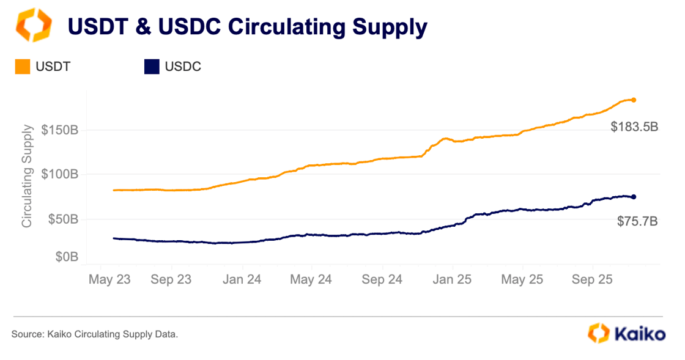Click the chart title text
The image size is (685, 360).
(246, 27)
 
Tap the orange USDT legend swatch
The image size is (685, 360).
(23, 67)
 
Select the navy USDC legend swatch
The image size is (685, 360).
(152, 67)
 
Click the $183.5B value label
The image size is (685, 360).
(634, 128)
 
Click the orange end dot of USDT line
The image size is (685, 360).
(634, 100)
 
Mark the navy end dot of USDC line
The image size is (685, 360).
(634, 197)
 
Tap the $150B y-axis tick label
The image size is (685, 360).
(59, 130)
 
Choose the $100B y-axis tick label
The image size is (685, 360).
(59, 175)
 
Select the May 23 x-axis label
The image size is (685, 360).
(109, 280)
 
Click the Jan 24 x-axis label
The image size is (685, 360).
(242, 280)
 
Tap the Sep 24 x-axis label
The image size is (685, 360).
(382, 280)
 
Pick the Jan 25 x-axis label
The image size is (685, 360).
(452, 280)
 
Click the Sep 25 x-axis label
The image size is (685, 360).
(592, 280)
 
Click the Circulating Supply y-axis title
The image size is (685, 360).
(27, 175)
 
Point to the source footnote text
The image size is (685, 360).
(95, 334)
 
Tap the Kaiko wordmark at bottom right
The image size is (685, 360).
(639, 334)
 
